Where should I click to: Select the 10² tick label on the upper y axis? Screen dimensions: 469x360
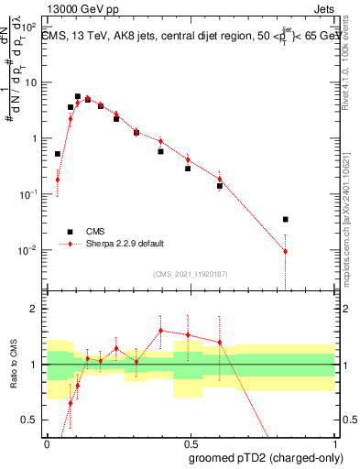30,27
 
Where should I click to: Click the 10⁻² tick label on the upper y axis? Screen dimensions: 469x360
30,250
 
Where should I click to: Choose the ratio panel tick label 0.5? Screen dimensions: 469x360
33,420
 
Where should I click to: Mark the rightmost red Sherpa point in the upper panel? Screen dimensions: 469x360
286,251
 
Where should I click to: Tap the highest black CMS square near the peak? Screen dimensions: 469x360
78,96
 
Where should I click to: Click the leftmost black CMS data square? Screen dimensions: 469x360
57,154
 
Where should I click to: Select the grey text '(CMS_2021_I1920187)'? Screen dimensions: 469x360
191,273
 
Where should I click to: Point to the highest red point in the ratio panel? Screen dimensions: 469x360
160,331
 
